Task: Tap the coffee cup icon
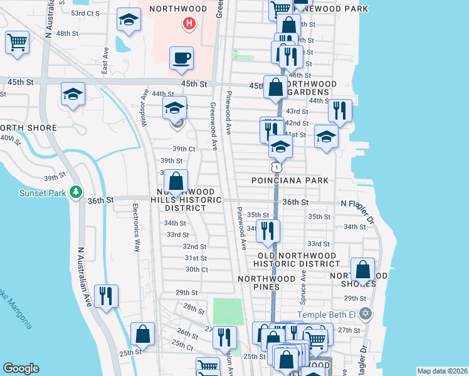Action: click(181, 58)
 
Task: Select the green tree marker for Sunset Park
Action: click(76, 191)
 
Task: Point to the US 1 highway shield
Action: click(275, 167)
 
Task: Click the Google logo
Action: click(21, 368)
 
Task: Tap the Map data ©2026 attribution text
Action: click(441, 371)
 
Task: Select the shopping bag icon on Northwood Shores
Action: click(362, 270)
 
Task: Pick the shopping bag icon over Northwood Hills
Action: click(176, 182)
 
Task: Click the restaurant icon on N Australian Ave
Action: click(106, 296)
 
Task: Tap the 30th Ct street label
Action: click(196, 269)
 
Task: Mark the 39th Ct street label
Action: click(184, 149)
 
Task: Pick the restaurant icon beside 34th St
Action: click(268, 231)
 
